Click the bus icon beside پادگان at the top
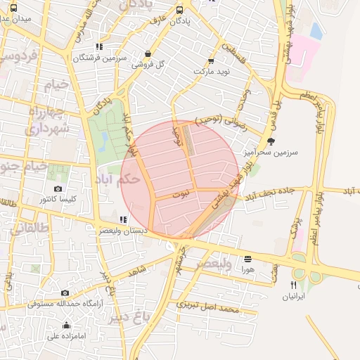pos(180,10)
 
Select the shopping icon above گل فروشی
pos(148,53)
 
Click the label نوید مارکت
pos(193,72)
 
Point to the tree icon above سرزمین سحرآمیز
pos(271,141)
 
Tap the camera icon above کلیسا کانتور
pos(58,188)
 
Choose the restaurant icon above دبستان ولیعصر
pos(124,219)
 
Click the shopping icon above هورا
pos(247,259)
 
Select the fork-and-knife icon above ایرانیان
pos(294,285)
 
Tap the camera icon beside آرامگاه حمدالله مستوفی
pos(65,292)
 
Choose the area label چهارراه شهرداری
pos(47,120)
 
